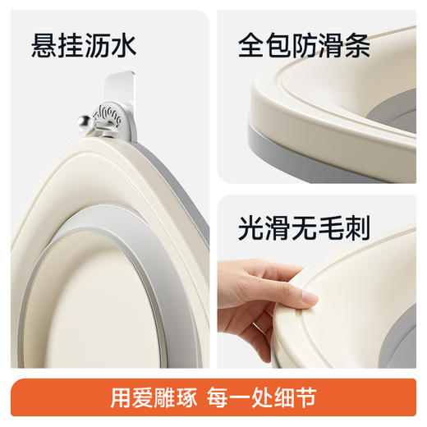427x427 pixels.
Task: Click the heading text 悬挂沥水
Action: click(x=83, y=47)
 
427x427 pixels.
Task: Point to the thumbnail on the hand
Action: click(x=309, y=299)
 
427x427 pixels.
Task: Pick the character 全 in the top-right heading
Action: click(x=248, y=47)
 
